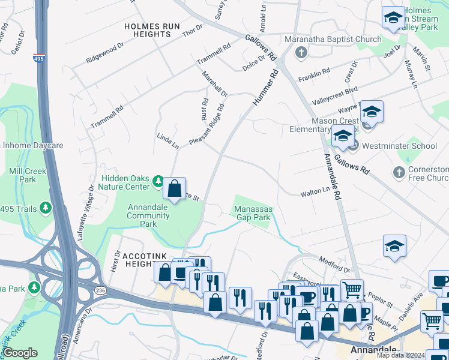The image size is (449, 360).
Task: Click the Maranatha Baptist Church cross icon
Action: point(301,53)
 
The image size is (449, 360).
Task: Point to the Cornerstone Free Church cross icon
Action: point(399,173)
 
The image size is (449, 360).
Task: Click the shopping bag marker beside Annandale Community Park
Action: point(174,189)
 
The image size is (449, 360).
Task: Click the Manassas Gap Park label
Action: point(253,213)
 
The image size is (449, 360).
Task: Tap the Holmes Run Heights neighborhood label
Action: point(148,31)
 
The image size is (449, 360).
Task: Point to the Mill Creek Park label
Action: point(28,175)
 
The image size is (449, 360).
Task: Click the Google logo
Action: point(20,353)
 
